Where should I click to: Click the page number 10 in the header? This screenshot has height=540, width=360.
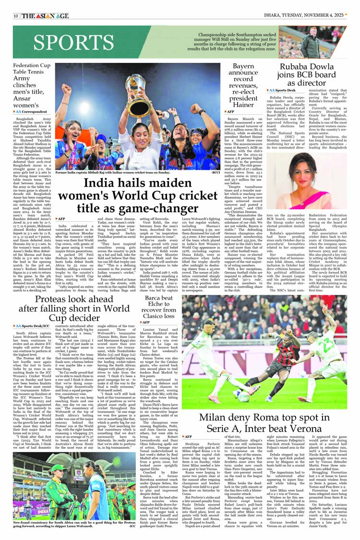(x=16, y=16)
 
